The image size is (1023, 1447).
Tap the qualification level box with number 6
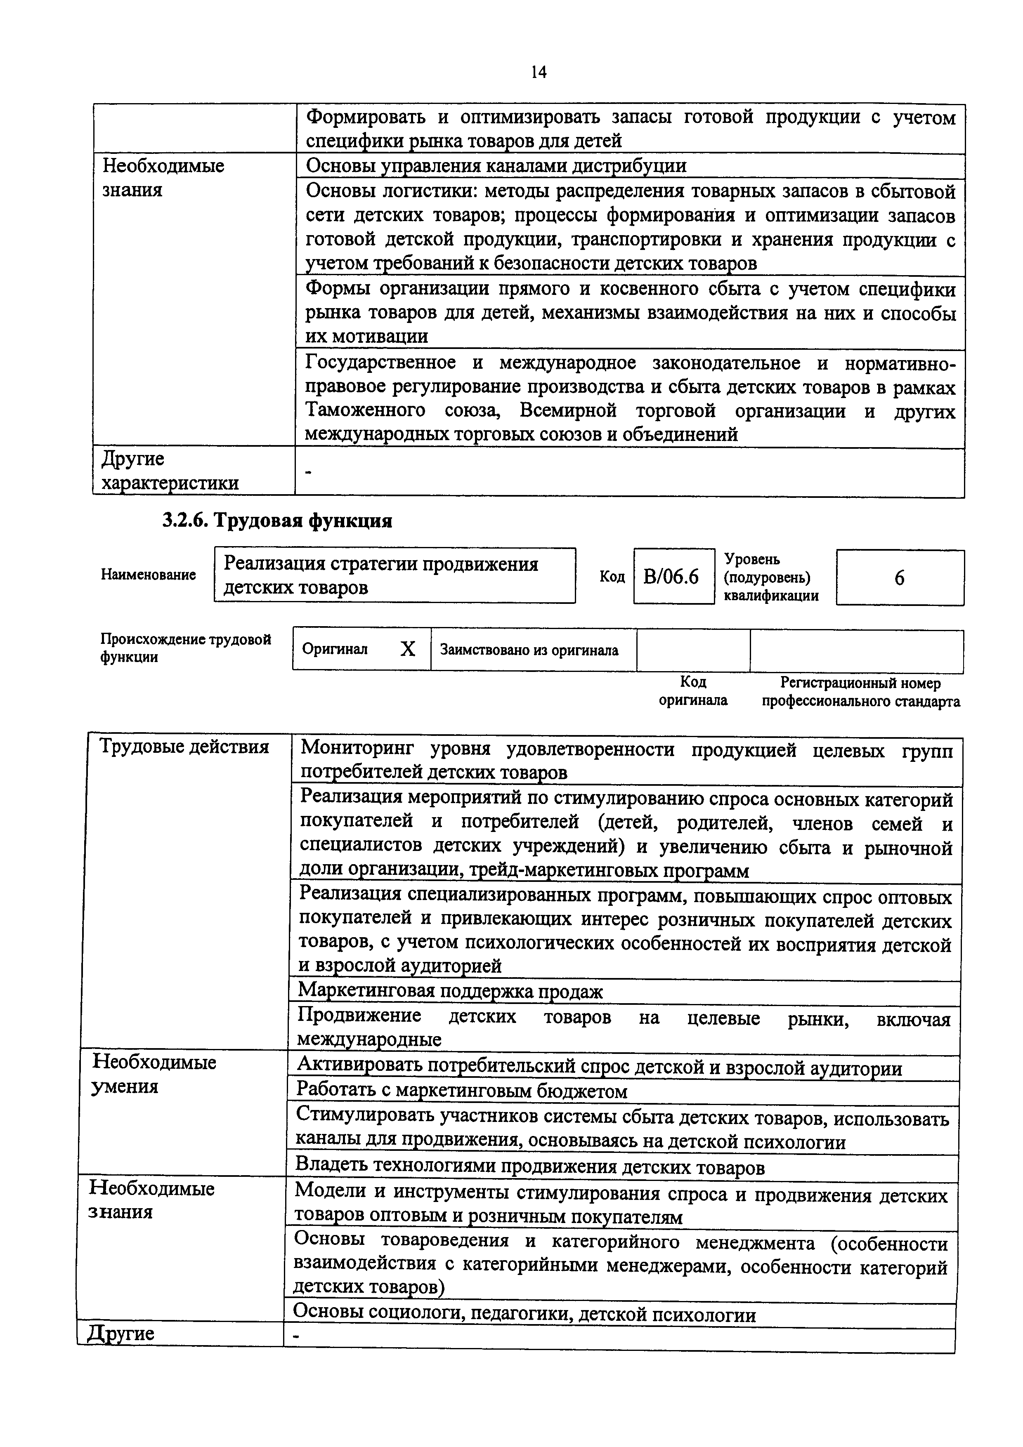point(900,578)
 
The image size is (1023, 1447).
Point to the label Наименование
point(148,575)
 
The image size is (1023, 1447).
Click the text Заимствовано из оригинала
point(529,650)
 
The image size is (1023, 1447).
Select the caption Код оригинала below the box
point(693,691)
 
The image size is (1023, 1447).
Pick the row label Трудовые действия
point(185,747)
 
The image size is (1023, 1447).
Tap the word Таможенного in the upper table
point(366,410)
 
